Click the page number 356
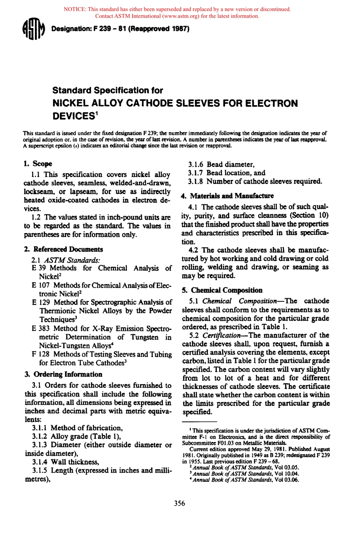point(179,503)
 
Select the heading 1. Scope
point(38,164)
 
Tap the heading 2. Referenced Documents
point(63,249)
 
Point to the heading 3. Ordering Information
point(63,374)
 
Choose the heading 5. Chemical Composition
point(222,290)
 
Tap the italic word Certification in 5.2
point(221,335)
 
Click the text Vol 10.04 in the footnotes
point(286,474)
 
